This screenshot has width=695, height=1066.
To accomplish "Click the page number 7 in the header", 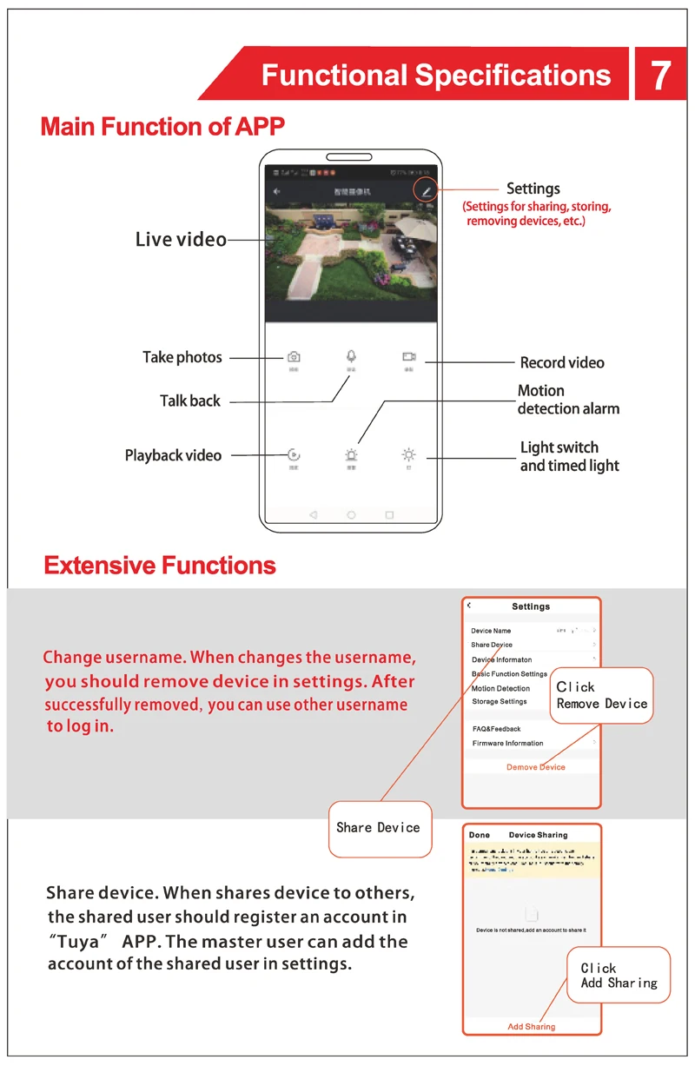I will [660, 75].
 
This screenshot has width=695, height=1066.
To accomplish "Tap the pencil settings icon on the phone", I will [426, 190].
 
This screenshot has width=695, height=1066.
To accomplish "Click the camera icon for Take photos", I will [294, 357].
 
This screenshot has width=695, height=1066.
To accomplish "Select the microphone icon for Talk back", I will [351, 356].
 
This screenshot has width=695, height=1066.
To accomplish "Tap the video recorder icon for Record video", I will [408, 357].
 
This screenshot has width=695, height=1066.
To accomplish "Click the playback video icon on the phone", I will [294, 454].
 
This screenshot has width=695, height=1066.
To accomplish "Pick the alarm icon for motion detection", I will [351, 454].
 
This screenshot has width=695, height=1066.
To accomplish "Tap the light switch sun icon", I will [408, 454].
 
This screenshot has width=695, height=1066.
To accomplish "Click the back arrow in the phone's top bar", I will [277, 191].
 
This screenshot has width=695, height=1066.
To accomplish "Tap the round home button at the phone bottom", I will [351, 515].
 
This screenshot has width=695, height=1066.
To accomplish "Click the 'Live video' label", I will [181, 240].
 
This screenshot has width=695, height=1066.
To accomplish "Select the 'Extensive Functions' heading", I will [160, 566].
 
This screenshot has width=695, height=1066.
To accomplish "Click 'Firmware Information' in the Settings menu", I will [507, 744].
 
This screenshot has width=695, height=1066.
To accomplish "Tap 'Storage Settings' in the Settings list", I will [500, 702].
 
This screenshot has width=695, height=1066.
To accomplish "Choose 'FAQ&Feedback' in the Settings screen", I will [496, 729].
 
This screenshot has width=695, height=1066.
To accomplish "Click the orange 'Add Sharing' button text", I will [531, 1027].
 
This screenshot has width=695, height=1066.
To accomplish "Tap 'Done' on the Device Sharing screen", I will [480, 835].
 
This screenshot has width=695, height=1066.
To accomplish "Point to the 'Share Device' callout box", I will [378, 828].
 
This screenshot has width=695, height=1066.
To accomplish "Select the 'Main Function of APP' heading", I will [162, 127].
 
